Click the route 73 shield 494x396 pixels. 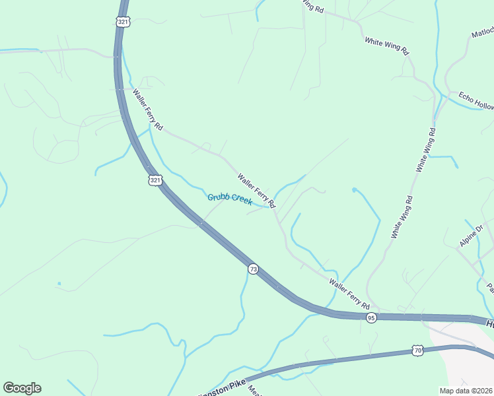point(253,269)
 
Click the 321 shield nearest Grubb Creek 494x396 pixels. point(155,180)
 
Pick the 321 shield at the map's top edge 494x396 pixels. point(123,22)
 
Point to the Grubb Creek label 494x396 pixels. point(230,199)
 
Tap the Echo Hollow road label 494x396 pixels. point(476,101)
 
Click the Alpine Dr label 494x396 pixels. point(472,236)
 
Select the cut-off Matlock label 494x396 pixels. point(483,34)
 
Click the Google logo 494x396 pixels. point(22,388)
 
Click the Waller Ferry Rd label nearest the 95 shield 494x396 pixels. point(349,294)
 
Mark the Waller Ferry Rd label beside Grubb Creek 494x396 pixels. point(256,191)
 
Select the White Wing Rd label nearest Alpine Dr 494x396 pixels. point(402,216)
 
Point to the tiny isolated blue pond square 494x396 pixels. point(59,284)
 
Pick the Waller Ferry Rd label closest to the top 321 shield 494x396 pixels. point(147,109)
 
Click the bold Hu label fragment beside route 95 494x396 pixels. point(489,324)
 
